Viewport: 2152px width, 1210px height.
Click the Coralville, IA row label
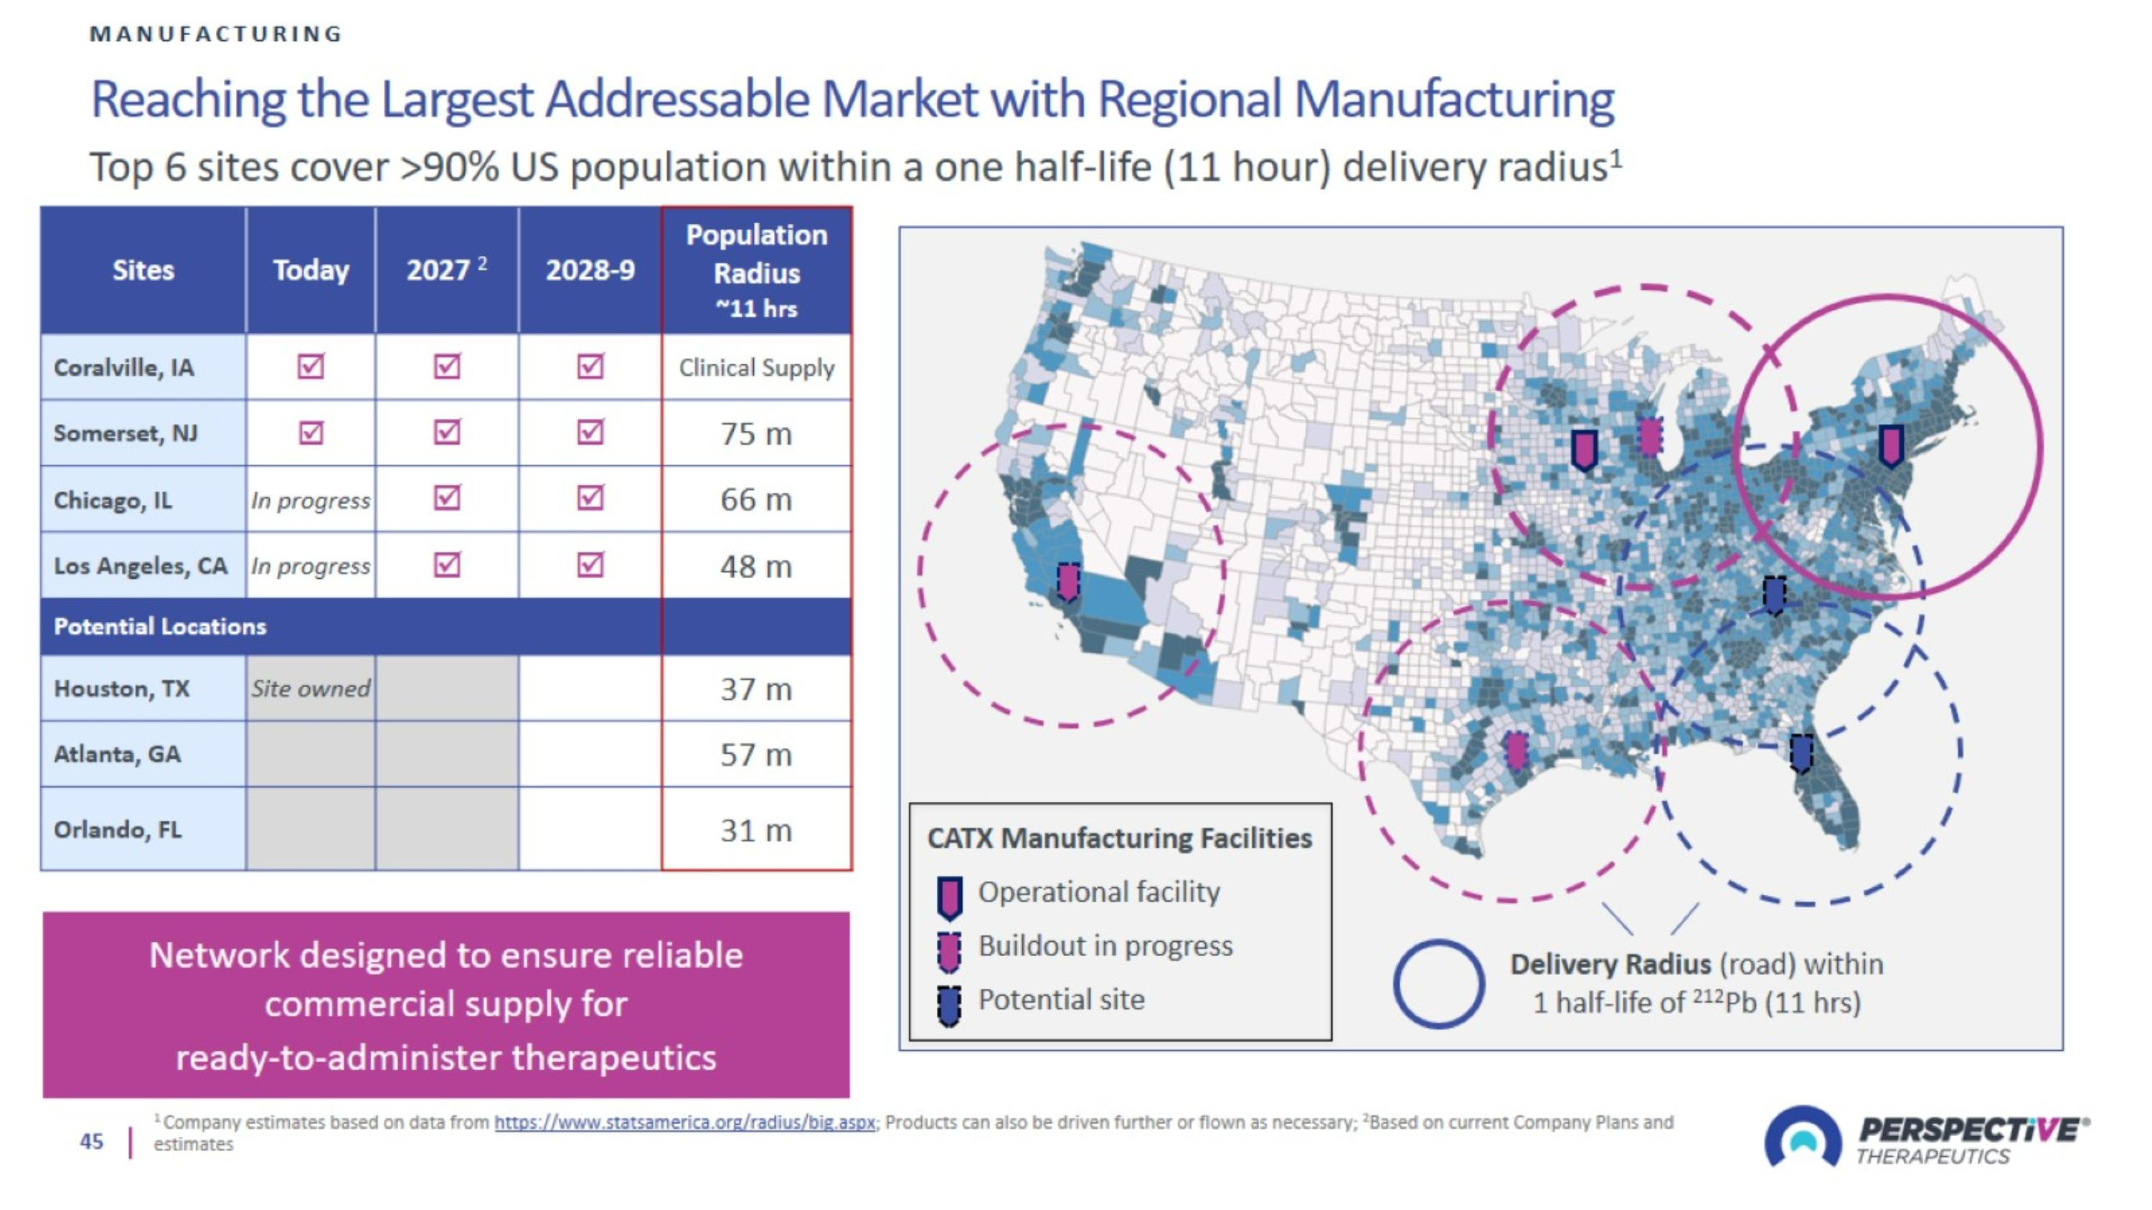coord(123,367)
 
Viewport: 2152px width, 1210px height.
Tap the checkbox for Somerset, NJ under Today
coord(311,433)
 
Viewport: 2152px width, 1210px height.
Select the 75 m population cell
coord(756,433)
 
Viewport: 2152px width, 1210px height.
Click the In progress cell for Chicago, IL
coord(311,499)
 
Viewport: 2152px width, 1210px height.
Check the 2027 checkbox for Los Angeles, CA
coord(447,565)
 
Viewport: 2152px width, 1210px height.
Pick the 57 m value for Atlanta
coord(756,755)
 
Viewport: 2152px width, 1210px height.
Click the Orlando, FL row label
coord(118,829)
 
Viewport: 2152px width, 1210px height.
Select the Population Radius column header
coord(757,270)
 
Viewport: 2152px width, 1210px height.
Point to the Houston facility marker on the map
coord(1516,751)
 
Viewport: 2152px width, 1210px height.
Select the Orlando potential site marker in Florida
coord(1802,753)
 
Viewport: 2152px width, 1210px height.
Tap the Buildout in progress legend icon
coord(949,952)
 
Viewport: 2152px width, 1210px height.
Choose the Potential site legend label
coord(1062,1000)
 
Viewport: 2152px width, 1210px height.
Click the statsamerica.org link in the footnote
coord(685,1122)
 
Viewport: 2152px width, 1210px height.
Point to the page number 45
coord(92,1142)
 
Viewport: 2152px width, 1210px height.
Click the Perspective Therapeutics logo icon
coord(1803,1138)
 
